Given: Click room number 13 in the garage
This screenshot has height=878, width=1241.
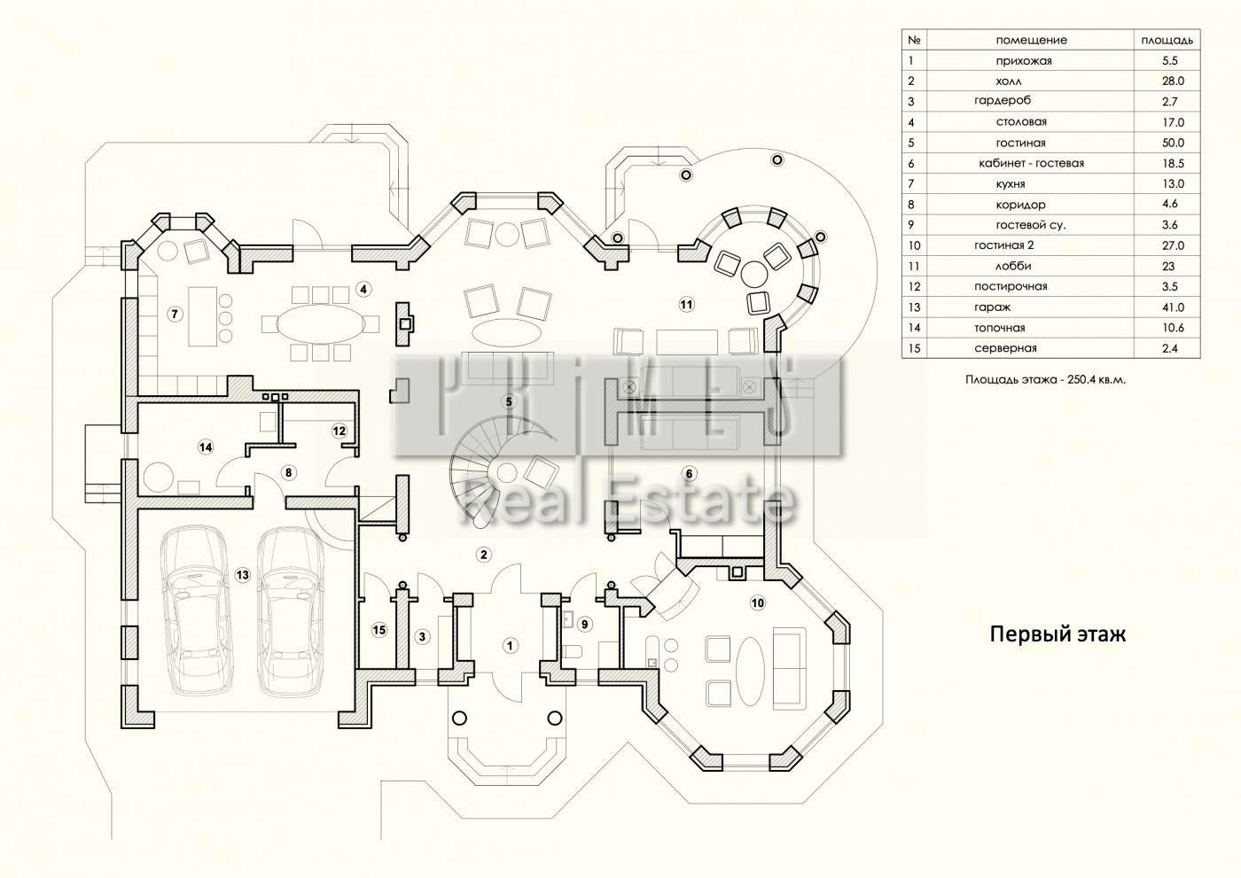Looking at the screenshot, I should coord(242,575).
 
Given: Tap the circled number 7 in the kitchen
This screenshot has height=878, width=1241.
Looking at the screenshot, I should coord(175,314).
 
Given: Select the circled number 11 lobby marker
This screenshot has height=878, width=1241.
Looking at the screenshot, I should coord(686,305).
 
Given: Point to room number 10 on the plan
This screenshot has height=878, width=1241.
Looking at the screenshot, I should coord(757,603).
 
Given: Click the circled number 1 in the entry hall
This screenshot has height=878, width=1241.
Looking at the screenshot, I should coord(510,645).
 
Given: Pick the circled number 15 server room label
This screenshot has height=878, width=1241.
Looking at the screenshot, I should coord(379,630).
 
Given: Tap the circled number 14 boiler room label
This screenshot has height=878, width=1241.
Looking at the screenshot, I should coord(206,447).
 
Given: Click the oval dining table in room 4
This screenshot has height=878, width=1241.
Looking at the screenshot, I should coord(319,323).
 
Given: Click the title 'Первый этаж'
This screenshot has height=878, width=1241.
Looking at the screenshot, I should coord(1058,634).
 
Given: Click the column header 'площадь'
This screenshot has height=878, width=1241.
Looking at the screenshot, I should coord(1167,40).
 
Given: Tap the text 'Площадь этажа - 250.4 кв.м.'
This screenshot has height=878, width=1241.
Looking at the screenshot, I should coord(1051,379).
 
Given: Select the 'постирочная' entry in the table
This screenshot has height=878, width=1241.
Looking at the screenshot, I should coord(1011,287).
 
